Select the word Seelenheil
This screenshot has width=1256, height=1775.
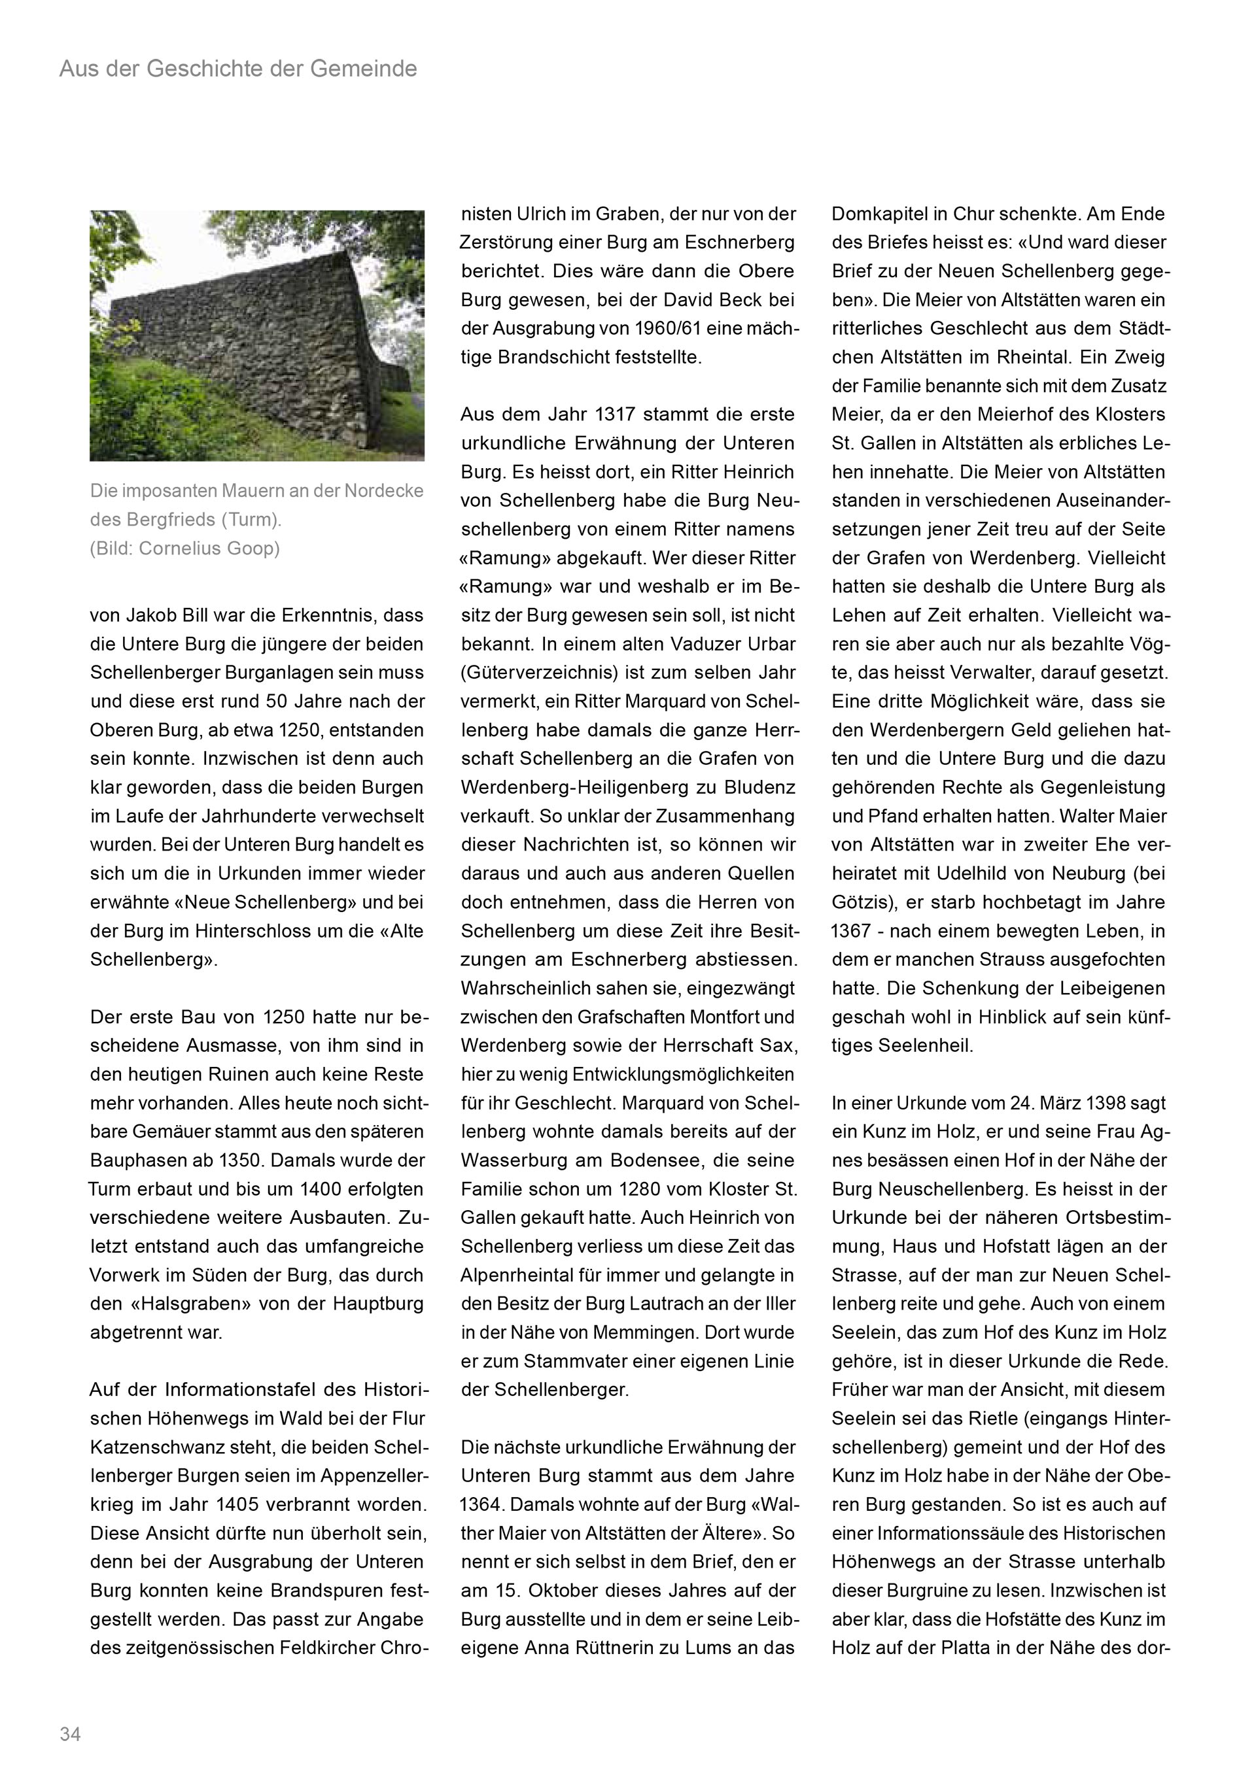click(926, 1046)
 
